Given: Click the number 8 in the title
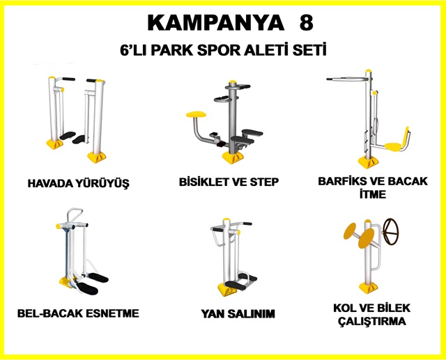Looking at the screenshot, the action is pos(307,23).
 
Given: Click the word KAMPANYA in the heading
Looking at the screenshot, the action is pos(216,23).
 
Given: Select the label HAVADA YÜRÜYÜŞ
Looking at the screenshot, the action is pos(79,183).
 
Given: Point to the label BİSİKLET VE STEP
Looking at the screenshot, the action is pos(229,182).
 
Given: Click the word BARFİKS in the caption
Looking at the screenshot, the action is pos(341,181).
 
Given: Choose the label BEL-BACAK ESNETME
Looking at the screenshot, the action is pos(78,313).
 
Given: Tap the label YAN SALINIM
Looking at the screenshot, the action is pos(238,314).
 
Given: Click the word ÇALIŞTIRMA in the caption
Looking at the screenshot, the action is pos(372,322).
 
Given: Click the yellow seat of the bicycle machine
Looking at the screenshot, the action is pos(197,114).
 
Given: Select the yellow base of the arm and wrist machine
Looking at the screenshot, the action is pos(369,288).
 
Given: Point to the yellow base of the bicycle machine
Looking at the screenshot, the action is pos(232,157).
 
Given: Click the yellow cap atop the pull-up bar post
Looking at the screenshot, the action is pos(369,70).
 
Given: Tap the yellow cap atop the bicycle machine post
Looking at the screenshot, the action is pos(233,82).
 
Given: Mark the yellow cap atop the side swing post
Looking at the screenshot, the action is pos(226,219).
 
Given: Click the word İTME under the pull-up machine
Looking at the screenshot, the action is pos(373,194).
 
